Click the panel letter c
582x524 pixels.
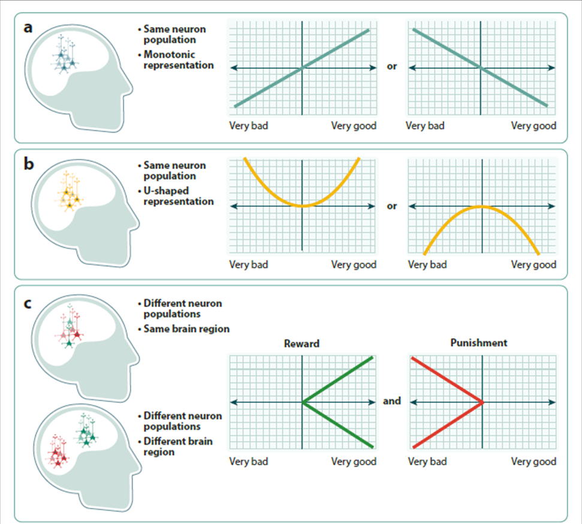coord(28,303)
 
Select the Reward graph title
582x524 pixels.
coord(302,344)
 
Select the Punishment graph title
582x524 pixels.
coord(478,343)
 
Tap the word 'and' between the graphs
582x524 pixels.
coord(391,401)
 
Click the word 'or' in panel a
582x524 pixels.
coord(391,67)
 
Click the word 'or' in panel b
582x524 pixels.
coord(391,206)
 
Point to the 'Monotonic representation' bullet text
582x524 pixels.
coord(179,59)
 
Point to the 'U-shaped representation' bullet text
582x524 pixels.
coord(179,196)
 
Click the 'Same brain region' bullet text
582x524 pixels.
coord(186,329)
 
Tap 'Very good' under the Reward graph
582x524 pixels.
coord(354,462)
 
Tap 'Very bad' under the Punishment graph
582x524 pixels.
coord(427,462)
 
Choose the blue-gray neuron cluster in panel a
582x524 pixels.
coord(66,55)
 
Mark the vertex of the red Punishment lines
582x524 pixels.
coord(483,402)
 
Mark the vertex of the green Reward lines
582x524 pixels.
coord(303,402)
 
